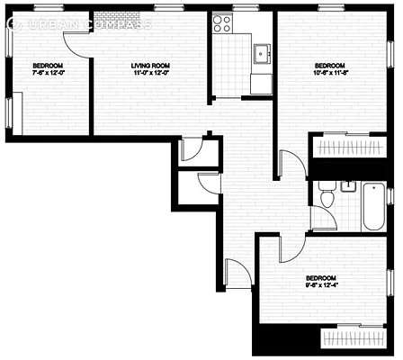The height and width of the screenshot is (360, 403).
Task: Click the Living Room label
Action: (150, 66)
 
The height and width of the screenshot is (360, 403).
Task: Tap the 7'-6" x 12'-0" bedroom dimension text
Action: (48, 74)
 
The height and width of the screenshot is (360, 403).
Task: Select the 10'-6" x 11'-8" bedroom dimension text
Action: (330, 74)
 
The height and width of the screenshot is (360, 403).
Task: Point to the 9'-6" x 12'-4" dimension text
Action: (321, 286)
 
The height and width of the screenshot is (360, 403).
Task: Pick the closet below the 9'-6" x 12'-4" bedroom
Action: (355, 340)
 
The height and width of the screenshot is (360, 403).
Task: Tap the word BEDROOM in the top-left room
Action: (48, 66)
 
